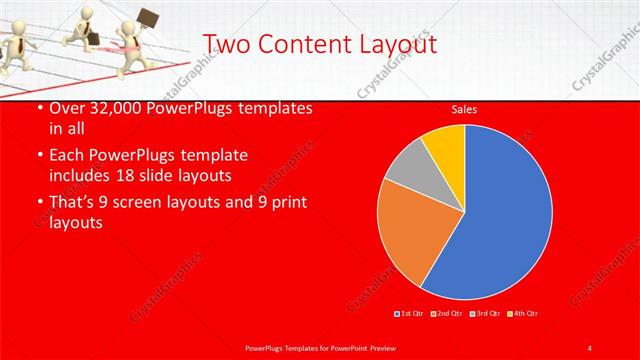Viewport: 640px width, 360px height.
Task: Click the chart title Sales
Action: (463, 109)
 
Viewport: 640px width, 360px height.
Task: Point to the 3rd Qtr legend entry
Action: (486, 313)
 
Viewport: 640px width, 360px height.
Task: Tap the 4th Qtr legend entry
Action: (525, 313)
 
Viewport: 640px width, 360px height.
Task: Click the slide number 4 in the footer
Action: (590, 347)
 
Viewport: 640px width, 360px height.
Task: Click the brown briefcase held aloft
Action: (150, 19)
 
